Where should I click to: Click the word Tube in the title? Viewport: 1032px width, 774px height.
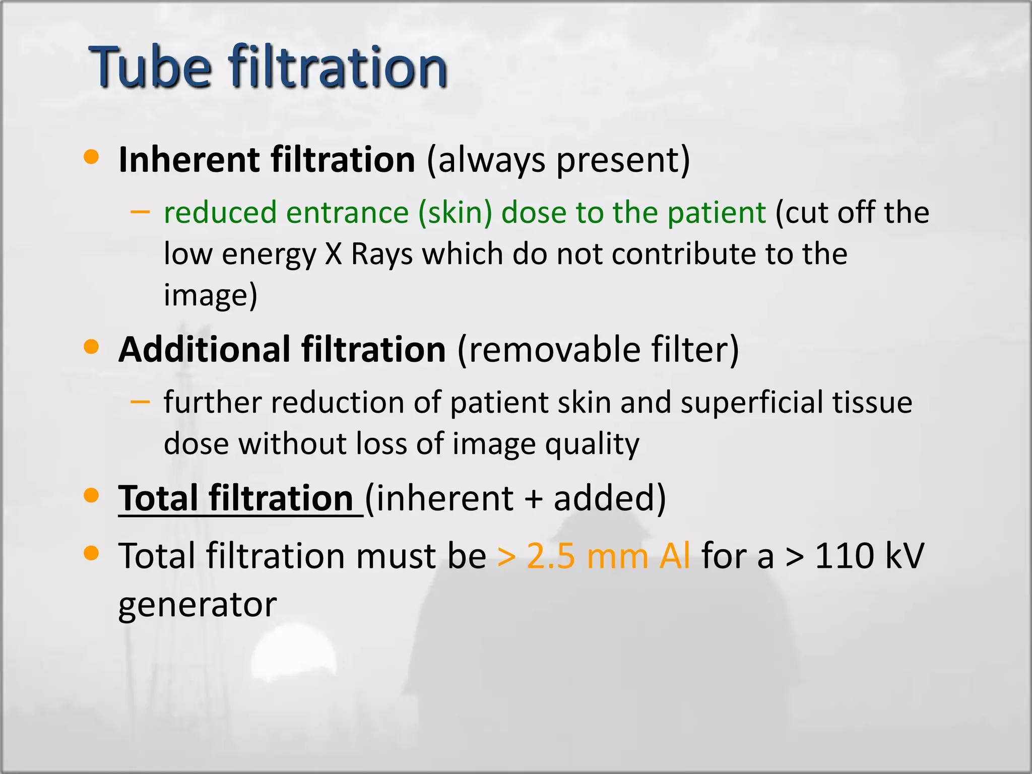click(150, 67)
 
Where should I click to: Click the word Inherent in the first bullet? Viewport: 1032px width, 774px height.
click(189, 160)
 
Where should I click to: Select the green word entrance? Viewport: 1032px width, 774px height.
click(347, 212)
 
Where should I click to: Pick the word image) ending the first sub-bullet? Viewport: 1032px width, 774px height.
click(211, 295)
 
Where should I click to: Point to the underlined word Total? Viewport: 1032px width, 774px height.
click(158, 498)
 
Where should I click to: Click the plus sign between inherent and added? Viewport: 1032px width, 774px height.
click(534, 499)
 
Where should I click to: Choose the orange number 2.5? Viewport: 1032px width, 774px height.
click(551, 556)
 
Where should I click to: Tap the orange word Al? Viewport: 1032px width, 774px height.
click(675, 556)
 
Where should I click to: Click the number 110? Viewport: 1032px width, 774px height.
click(844, 556)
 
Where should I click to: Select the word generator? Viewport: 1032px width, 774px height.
click(198, 605)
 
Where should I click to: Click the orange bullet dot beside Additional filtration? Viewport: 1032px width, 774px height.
click(91, 347)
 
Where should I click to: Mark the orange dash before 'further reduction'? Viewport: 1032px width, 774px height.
click(140, 402)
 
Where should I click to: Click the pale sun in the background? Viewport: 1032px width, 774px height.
click(294, 658)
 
